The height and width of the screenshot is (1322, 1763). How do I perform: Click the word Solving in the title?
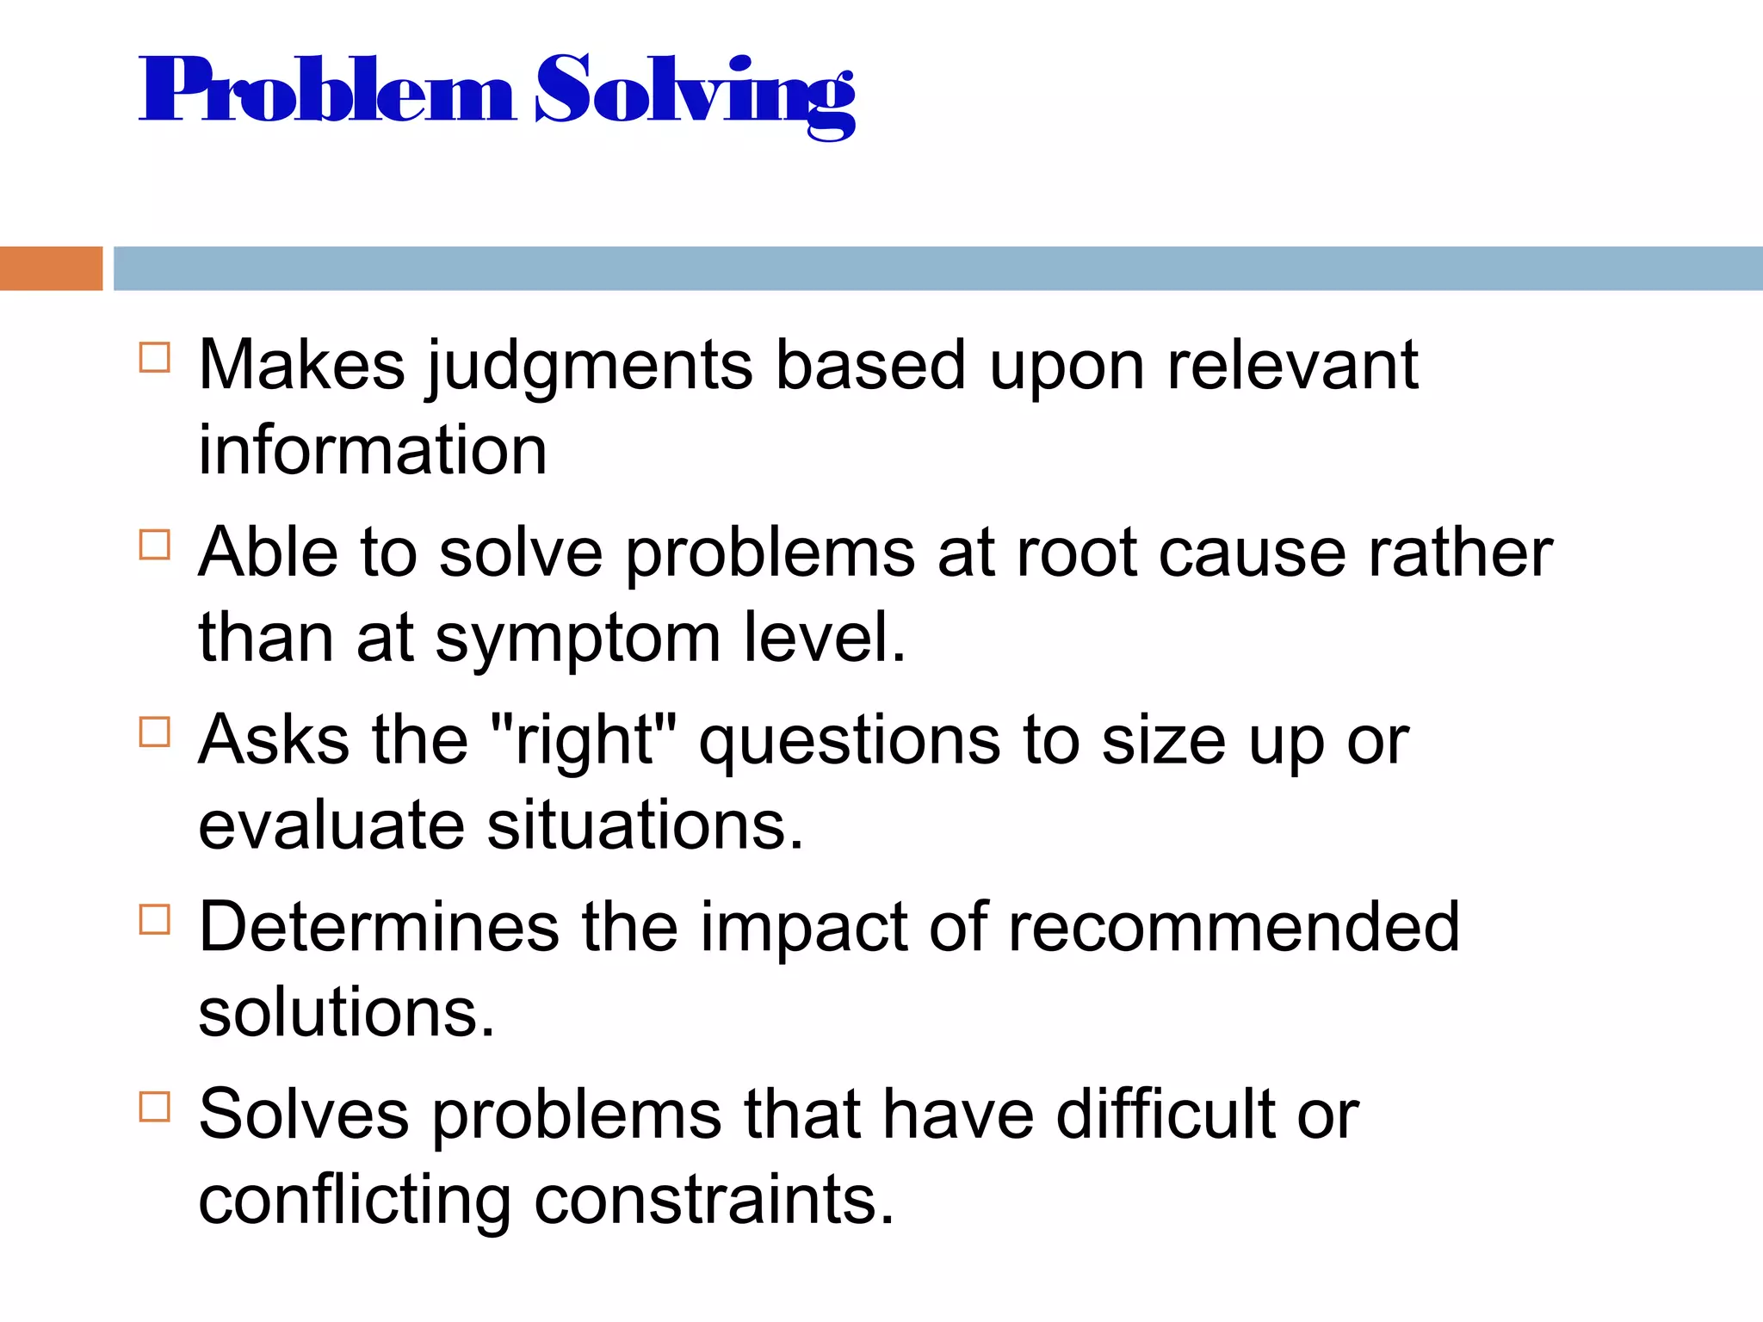[696, 93]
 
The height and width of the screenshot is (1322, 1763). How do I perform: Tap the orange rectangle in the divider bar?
[51, 269]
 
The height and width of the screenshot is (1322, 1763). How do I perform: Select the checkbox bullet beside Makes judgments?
[155, 357]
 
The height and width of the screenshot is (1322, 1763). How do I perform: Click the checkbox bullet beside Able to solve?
[155, 545]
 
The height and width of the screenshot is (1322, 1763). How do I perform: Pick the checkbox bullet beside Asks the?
[155, 732]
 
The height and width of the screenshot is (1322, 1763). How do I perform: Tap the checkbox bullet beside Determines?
[155, 919]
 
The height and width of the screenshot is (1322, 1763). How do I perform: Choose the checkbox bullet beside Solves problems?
[155, 1107]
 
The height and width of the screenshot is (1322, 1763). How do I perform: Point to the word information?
[373, 450]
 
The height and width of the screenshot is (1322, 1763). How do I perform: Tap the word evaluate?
[332, 825]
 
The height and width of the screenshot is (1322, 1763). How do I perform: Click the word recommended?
[1234, 928]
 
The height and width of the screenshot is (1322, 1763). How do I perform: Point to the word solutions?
[347, 1013]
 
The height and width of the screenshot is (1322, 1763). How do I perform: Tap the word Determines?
[379, 928]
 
